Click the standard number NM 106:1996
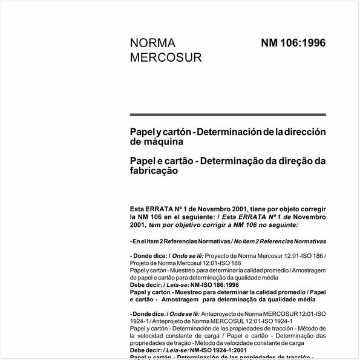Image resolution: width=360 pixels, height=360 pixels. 293,44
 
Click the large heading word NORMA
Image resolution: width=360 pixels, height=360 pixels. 152,44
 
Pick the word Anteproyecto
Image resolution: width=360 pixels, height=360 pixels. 221,313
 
